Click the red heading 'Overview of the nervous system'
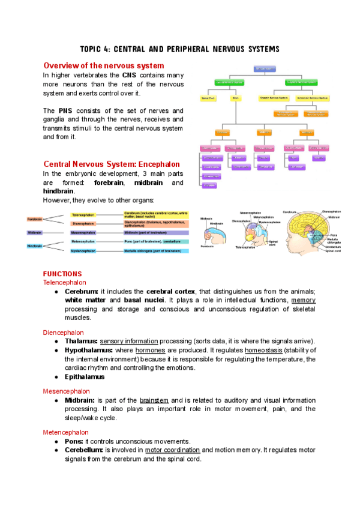click(x=104, y=65)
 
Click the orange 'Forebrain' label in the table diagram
click(x=34, y=219)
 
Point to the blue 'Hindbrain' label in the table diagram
click(x=34, y=245)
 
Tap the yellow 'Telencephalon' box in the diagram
click(x=83, y=214)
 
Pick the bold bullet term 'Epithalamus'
click(x=85, y=377)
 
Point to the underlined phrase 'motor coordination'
click(x=172, y=450)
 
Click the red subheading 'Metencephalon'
click(x=65, y=432)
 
